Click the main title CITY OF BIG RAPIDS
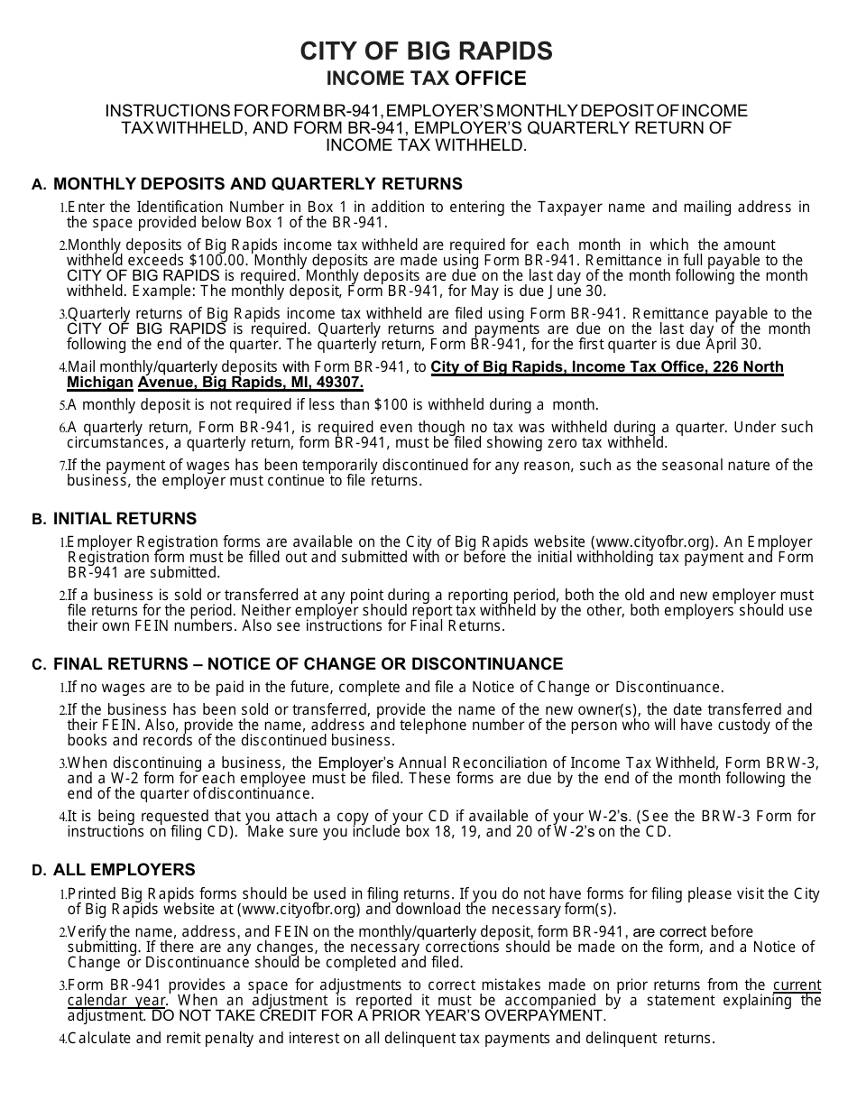click(426, 51)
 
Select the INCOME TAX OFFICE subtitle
click(426, 79)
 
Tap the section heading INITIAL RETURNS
click(124, 519)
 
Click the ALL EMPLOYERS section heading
click(124, 870)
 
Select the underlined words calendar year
click(115, 1000)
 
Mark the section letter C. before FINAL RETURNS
click(39, 665)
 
